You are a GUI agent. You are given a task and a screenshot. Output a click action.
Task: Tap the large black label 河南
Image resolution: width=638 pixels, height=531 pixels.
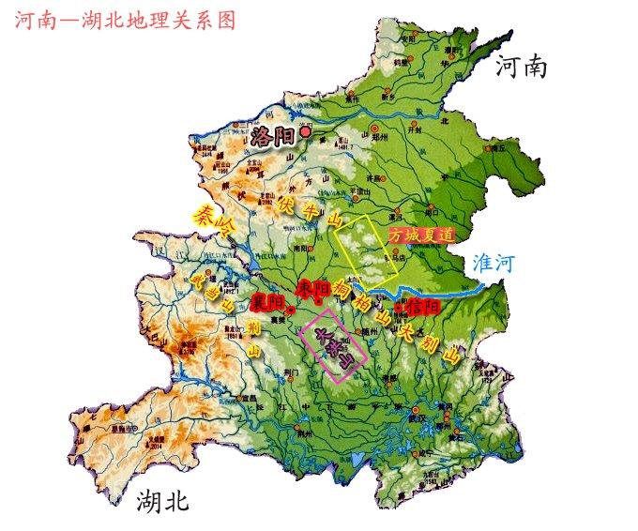point(521,67)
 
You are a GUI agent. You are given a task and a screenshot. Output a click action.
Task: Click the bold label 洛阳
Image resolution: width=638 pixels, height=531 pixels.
point(271,138)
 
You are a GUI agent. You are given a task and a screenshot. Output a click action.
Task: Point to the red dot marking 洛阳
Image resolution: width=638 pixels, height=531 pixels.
point(304,133)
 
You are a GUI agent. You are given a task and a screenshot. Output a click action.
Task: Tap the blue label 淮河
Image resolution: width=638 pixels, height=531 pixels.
point(494,264)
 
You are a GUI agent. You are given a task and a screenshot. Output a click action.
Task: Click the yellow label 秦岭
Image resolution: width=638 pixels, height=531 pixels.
point(215,222)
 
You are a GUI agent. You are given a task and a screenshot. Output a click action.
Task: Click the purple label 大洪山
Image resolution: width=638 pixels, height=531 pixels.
point(337,348)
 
